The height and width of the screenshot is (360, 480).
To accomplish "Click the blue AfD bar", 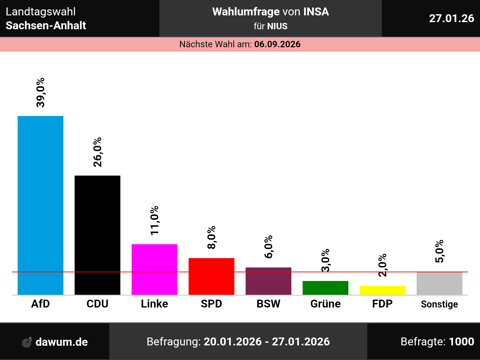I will click(x=40, y=205).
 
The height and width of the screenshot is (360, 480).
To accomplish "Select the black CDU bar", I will click(x=97, y=235).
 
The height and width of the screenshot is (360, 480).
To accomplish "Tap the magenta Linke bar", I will click(x=154, y=269).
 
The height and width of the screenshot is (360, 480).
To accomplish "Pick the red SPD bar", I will click(x=211, y=276).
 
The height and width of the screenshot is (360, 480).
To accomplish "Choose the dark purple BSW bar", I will click(x=268, y=281).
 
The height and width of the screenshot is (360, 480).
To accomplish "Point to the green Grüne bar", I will click(x=325, y=288).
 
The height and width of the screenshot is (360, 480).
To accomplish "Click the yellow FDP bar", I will click(x=382, y=290).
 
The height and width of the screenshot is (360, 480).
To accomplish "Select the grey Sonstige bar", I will click(x=439, y=283).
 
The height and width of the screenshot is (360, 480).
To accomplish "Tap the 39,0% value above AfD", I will click(x=40, y=92).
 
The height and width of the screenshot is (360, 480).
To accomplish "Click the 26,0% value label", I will click(x=97, y=152).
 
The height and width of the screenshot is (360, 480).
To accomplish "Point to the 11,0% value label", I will click(x=154, y=220).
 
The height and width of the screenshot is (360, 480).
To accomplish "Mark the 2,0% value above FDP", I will click(x=382, y=265).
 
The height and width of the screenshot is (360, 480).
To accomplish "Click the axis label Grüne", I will click(x=325, y=304).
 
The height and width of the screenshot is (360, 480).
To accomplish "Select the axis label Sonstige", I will click(x=439, y=304).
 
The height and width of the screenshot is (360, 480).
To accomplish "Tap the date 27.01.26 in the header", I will click(x=451, y=18).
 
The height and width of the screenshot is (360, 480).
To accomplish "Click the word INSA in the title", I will click(x=316, y=12).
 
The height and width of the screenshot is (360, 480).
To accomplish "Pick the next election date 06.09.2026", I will click(x=277, y=44).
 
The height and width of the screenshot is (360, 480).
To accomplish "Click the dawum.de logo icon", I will click(x=27, y=342).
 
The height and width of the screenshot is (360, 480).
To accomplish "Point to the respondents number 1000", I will click(x=461, y=342).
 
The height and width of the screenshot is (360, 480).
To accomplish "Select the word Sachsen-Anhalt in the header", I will click(x=46, y=25).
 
